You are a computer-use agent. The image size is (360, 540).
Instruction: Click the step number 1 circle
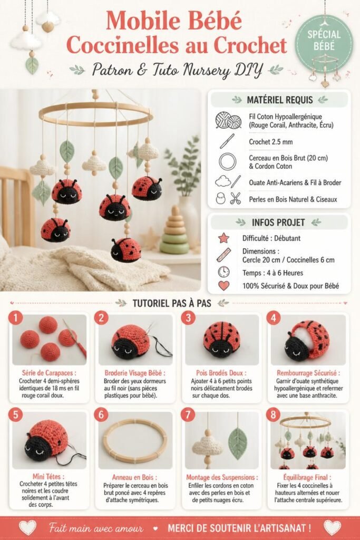15,317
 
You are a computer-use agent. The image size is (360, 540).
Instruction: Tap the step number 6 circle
101,414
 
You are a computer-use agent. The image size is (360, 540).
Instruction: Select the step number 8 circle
273,414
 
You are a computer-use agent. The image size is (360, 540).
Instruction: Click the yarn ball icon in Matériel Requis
228,120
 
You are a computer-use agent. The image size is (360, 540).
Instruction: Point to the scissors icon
236,198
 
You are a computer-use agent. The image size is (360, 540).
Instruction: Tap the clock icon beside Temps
223,272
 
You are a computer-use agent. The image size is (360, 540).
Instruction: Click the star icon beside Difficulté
223,238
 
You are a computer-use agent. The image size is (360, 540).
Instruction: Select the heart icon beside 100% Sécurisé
223,285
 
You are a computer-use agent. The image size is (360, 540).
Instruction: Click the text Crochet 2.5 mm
271,142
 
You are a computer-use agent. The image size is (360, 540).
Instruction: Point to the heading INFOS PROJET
278,223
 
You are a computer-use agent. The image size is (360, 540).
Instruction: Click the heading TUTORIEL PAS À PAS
172,303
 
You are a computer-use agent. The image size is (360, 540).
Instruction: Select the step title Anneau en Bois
134,477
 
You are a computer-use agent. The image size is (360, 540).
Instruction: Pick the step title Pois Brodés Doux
221,373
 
